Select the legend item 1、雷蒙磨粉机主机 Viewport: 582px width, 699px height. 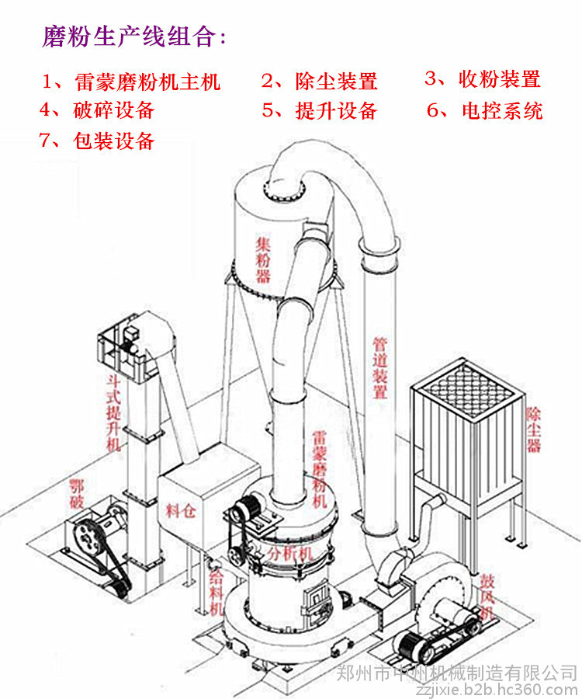[x=132, y=81]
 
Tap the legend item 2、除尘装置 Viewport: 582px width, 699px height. [x=319, y=81]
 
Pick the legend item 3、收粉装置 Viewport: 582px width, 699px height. [x=482, y=78]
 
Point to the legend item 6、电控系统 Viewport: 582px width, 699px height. [x=484, y=110]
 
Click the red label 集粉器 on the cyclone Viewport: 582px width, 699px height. [x=264, y=260]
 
